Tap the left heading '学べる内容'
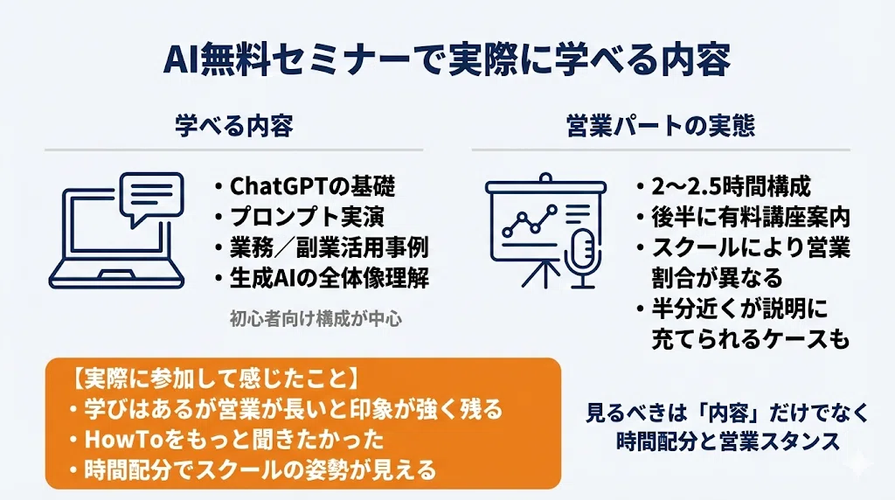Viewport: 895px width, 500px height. tap(234, 126)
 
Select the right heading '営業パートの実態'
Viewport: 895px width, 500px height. tap(661, 126)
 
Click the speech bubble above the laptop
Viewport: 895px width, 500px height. tap(151, 198)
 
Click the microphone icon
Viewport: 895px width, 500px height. tap(580, 258)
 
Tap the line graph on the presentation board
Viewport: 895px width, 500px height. tap(529, 220)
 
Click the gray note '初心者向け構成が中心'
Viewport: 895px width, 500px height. tap(316, 318)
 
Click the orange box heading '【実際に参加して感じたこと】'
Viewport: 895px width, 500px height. tap(215, 378)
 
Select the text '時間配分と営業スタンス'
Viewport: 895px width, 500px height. tap(728, 441)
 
